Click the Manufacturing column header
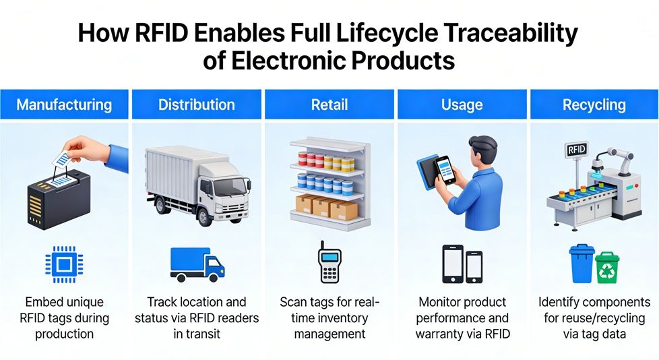(x=64, y=104)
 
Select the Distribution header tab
(x=197, y=104)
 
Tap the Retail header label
(x=329, y=104)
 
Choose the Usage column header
(x=462, y=104)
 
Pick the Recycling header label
(x=594, y=104)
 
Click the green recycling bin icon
(x=608, y=267)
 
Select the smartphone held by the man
(x=445, y=171)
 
